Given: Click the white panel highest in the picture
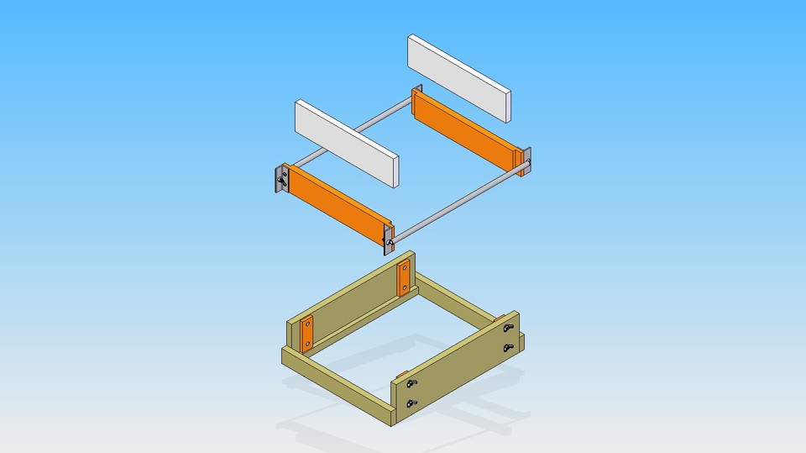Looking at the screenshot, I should tap(459, 76).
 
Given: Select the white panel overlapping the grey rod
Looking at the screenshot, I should tap(345, 142).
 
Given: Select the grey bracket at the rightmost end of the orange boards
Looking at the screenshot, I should tap(527, 161).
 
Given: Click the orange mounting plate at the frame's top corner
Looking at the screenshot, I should tap(404, 278).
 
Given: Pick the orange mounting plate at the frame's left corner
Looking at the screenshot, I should tap(306, 333).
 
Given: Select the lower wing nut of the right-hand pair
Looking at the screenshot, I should tap(508, 346).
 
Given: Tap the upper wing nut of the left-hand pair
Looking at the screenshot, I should tap(410, 383).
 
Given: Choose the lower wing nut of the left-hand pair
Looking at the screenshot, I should tap(410, 406).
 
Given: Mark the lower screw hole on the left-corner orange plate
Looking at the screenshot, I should tap(306, 343).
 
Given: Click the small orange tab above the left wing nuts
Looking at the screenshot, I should tap(401, 374).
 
